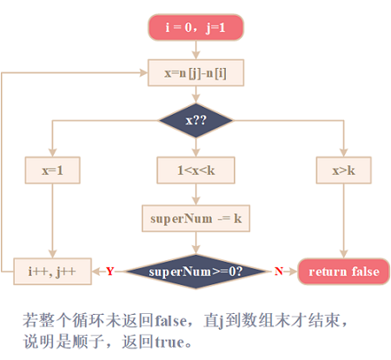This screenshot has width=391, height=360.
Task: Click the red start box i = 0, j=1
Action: tap(195, 27)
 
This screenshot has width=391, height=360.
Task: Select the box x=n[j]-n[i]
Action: tap(195, 73)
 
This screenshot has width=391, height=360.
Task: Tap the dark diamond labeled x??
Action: tap(195, 120)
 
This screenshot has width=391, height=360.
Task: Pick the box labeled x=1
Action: tap(52, 170)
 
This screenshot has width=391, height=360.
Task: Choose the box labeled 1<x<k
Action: tap(195, 170)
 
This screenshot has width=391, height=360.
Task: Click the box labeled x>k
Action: tap(343, 170)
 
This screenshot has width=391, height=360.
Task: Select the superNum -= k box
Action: tap(195, 218)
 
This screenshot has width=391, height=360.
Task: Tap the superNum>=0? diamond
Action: tap(195, 271)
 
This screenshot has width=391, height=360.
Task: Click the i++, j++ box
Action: tap(52, 271)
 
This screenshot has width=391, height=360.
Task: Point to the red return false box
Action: tap(343, 271)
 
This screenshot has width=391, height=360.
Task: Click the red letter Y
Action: tap(110, 271)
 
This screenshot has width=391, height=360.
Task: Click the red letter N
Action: tap(279, 271)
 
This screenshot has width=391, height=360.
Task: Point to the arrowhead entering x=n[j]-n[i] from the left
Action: tap(143, 73)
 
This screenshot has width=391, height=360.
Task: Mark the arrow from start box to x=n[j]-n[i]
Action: tap(195, 50)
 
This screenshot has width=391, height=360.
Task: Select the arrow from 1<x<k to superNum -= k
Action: tap(195, 194)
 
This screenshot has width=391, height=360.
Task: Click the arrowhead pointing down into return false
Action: tap(343, 254)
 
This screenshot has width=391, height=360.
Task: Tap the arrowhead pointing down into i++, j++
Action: tap(52, 254)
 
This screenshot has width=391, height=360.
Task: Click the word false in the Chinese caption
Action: tap(171, 321)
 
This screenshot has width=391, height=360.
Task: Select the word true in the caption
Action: tap(169, 342)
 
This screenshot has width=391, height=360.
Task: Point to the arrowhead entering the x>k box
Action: tap(343, 153)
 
